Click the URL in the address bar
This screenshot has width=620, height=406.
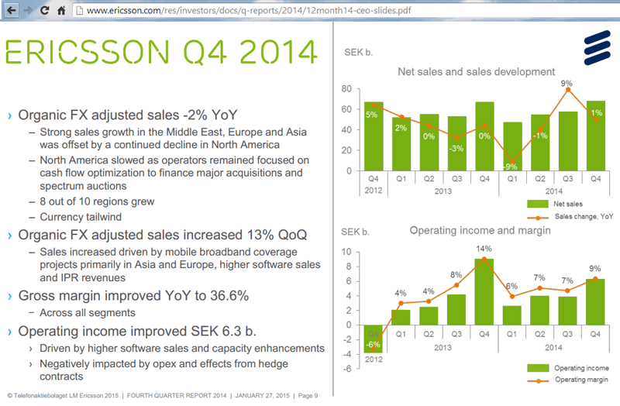(x=248, y=11)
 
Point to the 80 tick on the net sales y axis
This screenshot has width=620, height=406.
(x=346, y=89)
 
